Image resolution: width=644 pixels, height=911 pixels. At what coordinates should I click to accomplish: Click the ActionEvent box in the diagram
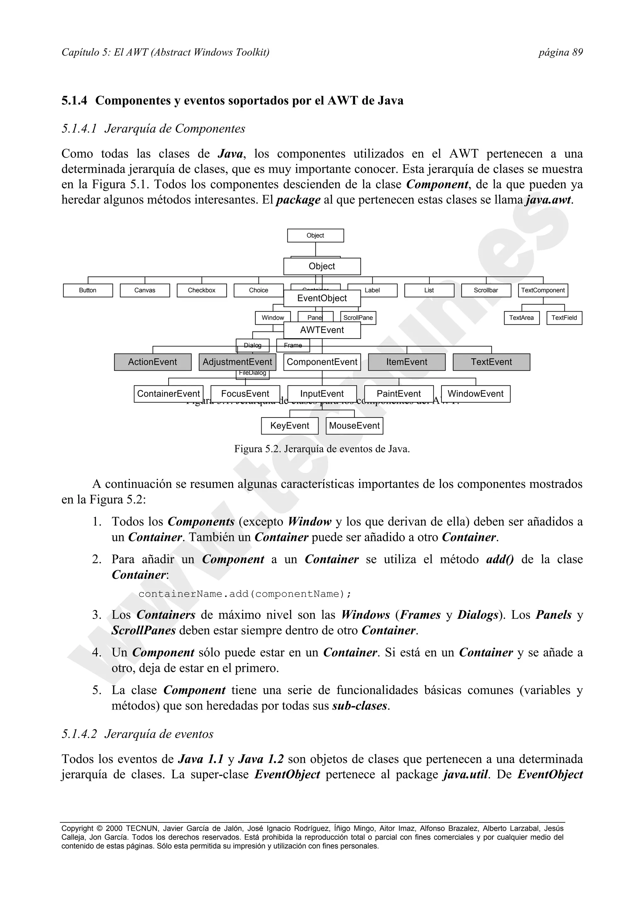pos(153,362)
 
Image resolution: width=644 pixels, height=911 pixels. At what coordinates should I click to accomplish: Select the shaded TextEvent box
pos(491,362)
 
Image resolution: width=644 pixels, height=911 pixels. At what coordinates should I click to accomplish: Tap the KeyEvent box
pos(290,426)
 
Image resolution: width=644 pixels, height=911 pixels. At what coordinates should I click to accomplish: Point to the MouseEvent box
pos(354,426)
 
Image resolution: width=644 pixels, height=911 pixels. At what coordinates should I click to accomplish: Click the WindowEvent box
pos(475,394)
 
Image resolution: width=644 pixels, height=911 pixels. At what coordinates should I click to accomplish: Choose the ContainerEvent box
pos(168,394)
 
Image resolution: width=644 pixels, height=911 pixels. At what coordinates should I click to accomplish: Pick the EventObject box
pos(322,298)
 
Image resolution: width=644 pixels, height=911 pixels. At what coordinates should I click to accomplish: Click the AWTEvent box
pos(322,330)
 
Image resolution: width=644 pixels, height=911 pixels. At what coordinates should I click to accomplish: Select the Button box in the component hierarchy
pos(88,290)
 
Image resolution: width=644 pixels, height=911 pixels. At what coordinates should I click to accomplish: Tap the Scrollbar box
pos(486,290)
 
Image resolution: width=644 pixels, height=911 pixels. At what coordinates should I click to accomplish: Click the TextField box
pos(564,318)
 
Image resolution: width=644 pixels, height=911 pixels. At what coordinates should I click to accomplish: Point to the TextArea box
pos(521,318)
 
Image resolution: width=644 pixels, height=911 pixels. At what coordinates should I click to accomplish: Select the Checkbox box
pos(202,290)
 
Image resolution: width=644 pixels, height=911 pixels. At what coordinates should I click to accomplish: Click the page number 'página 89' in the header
pos(560,52)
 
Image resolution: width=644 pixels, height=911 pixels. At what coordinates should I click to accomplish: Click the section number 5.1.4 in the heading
pos(74,101)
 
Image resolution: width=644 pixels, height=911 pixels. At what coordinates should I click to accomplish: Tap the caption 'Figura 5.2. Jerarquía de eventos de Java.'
pos(322,449)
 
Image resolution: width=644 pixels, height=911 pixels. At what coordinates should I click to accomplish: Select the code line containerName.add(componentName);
pos(245,594)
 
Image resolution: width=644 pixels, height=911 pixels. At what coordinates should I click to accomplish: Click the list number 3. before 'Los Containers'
pos(97,615)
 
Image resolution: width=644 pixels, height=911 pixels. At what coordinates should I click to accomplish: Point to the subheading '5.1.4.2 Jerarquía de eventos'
pos(137,734)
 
